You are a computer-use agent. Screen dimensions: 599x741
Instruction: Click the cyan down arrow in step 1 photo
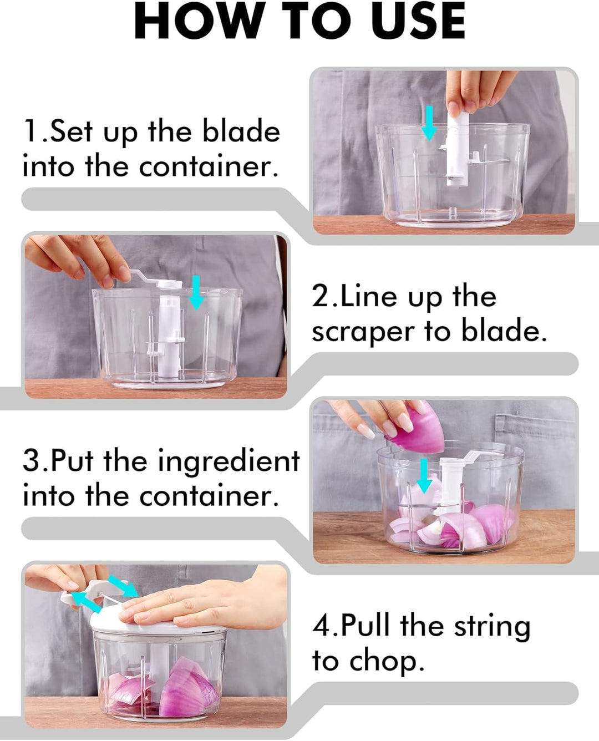(430, 124)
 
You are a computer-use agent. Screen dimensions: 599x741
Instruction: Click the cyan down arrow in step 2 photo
(196, 293)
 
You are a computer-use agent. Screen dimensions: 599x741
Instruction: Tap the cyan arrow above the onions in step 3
(424, 476)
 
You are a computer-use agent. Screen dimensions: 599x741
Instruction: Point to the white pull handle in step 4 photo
(84, 591)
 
